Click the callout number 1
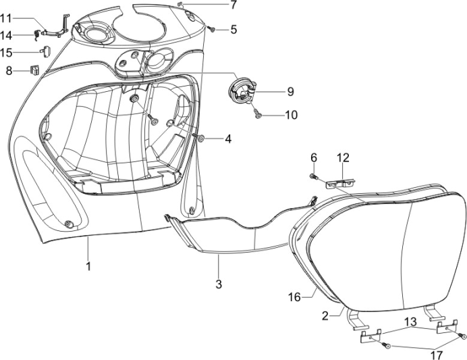(88, 266)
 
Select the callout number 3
(218, 284)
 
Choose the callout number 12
(344, 157)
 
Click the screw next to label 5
(212, 29)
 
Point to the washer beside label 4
(202, 138)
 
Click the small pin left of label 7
(182, 4)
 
